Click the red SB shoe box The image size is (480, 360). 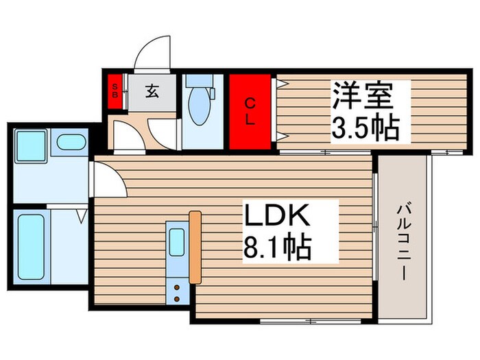point(115,91)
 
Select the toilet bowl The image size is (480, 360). point(198,108)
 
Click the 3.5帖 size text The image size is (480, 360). point(364,128)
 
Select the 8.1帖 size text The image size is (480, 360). point(276,246)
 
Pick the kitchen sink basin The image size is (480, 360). point(177,241)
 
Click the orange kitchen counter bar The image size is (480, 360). point(195,247)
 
